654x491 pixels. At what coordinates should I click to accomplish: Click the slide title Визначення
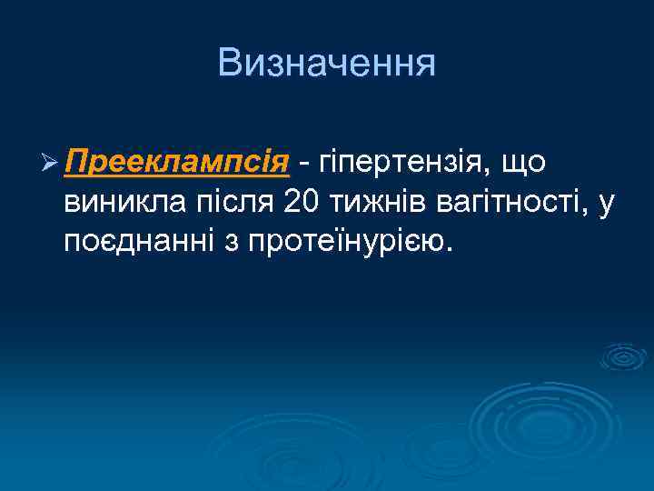point(327,64)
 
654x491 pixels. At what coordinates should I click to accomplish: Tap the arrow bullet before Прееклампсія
point(49,164)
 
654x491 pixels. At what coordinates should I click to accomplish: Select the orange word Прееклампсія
point(177,162)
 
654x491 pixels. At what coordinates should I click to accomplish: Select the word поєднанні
point(134,242)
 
